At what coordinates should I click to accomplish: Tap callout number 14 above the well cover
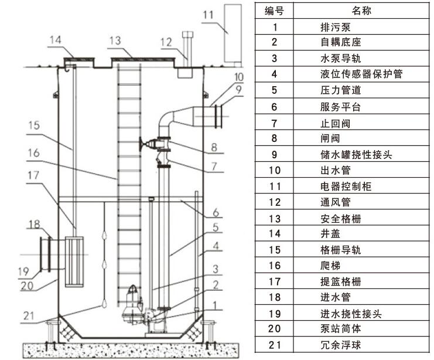(x=55, y=40)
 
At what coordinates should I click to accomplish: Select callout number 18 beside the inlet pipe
(x=35, y=223)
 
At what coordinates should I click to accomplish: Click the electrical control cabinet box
(x=233, y=33)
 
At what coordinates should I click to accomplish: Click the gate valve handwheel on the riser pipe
(x=142, y=141)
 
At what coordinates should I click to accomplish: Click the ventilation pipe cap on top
(x=187, y=35)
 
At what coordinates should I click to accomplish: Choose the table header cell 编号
(x=274, y=11)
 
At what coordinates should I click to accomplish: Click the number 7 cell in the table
(x=274, y=124)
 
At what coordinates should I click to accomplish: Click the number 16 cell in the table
(x=274, y=266)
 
